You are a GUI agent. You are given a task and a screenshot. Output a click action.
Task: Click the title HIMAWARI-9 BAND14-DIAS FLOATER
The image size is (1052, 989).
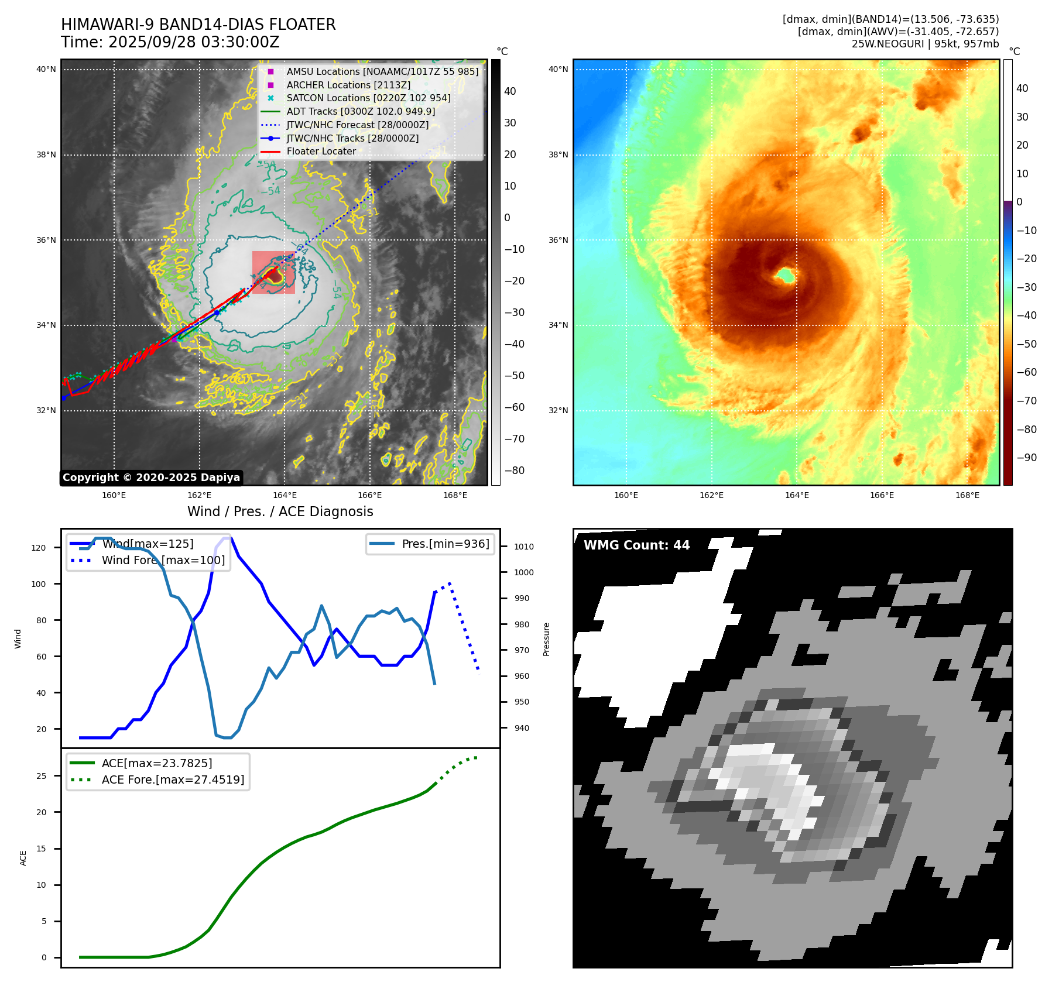[198, 25]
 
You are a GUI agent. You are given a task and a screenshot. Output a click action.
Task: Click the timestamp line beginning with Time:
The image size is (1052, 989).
[170, 42]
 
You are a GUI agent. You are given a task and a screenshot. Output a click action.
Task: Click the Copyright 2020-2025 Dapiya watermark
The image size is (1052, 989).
[151, 478]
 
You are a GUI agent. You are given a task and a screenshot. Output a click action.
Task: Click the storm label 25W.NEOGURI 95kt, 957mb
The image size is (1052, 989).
[925, 44]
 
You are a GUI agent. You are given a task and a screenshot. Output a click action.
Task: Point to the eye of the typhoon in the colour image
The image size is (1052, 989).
[785, 274]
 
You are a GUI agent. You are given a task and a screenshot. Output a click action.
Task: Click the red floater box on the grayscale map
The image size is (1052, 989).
[273, 272]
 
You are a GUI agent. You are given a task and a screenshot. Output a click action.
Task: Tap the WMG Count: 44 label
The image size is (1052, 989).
[636, 545]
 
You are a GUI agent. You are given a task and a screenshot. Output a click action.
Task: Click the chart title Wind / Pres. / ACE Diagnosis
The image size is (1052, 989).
[280, 511]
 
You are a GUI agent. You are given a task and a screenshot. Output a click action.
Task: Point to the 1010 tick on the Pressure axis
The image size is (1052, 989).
[523, 547]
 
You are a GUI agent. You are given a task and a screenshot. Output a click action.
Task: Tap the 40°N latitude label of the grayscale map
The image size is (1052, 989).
[46, 69]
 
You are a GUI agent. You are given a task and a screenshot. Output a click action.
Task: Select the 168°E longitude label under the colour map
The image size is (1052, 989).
[967, 495]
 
